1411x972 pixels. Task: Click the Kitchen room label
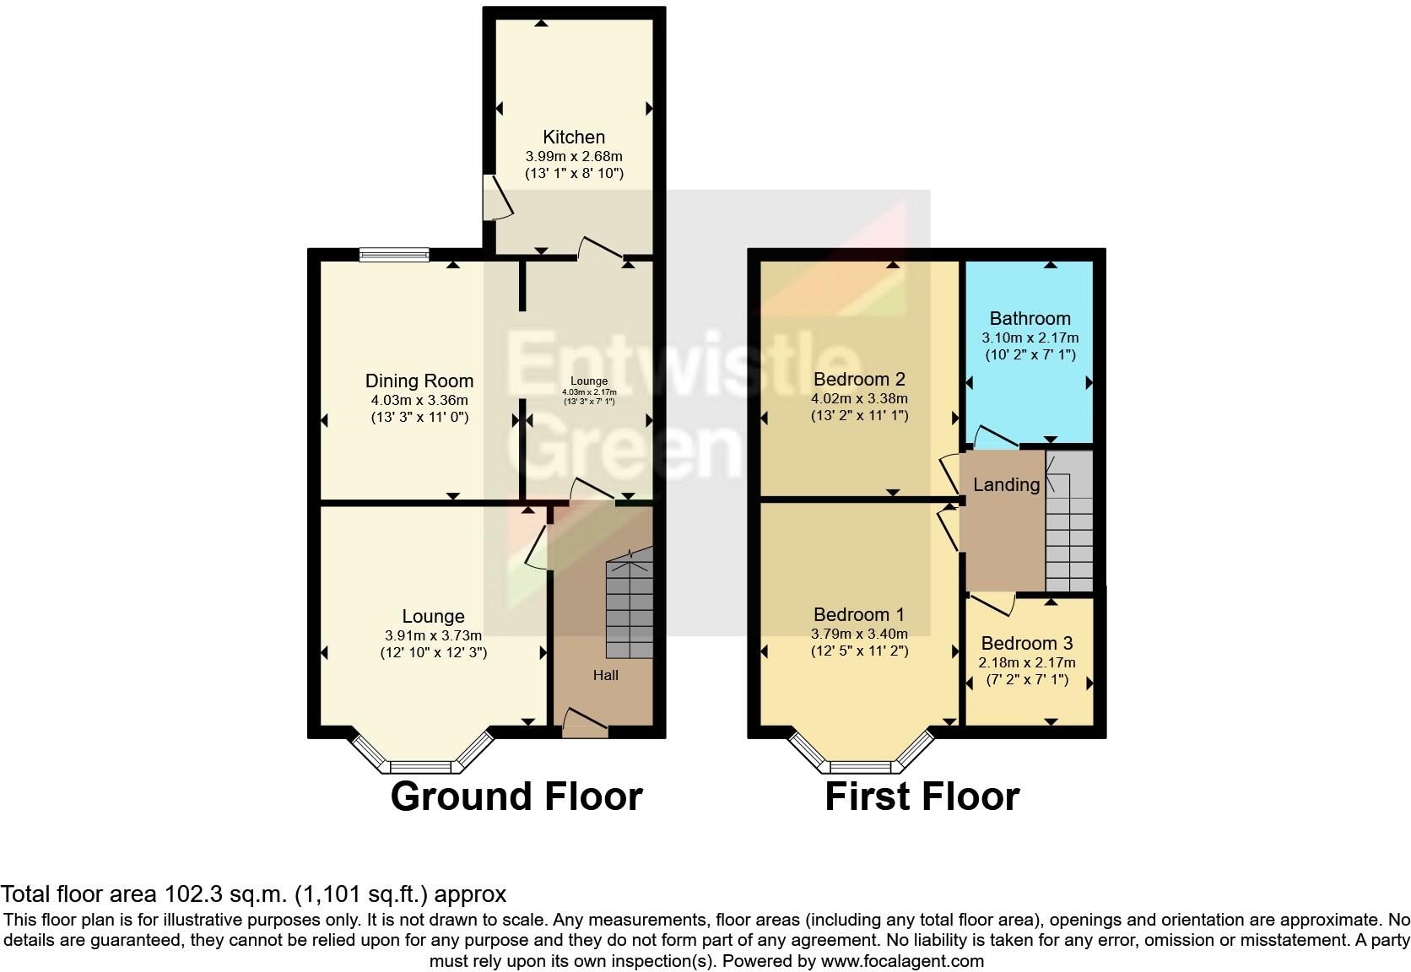coord(573,137)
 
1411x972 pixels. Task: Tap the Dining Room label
coord(419,381)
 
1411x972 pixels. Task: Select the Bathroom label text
coord(1030,318)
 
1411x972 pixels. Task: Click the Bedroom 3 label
coord(1026,643)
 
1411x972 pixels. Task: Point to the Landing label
coord(1006,484)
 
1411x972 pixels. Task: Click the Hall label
coord(605,674)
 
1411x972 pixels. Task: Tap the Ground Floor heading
coord(516,796)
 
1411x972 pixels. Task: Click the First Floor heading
coord(922,796)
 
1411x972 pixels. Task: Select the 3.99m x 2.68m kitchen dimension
coord(573,156)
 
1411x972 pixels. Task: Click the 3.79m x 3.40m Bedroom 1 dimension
coord(859,634)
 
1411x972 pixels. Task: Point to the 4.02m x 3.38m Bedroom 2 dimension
coord(859,398)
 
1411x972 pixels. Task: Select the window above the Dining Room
coord(394,254)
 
